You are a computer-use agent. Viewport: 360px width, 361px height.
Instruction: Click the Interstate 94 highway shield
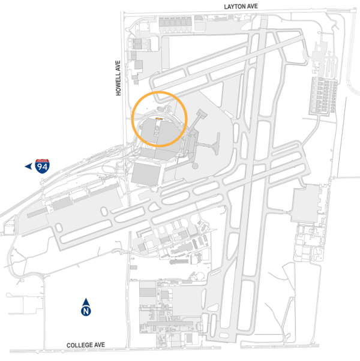(x=42, y=166)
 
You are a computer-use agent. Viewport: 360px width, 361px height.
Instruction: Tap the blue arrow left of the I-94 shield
(x=28, y=166)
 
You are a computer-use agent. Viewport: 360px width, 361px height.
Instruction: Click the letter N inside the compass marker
(x=86, y=311)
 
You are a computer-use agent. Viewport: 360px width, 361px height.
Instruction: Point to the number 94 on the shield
(x=42, y=168)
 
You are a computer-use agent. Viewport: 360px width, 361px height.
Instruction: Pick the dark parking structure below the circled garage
(x=145, y=174)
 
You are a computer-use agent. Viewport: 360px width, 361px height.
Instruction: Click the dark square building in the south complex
(x=148, y=294)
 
